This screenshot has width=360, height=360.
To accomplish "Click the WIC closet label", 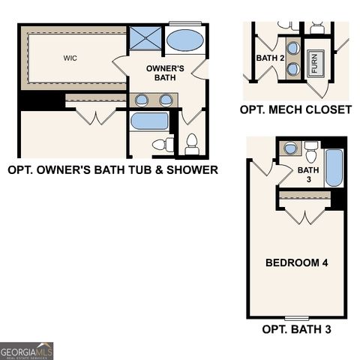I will click(70, 57).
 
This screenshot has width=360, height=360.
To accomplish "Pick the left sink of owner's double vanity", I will click(141, 100).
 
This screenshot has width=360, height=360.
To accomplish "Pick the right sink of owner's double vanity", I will click(166, 100).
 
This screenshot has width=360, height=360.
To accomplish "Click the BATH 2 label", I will click(270, 58).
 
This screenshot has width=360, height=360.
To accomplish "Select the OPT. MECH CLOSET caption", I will click(295, 109).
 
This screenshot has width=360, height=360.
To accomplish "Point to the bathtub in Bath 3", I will click(334, 168).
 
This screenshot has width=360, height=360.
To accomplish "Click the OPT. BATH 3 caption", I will click(296, 329).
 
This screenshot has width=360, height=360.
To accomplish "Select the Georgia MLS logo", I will click(27, 351).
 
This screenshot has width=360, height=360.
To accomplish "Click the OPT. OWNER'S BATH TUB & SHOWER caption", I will click(112, 170).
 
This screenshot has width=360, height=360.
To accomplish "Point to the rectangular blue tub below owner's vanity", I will click(150, 121).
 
